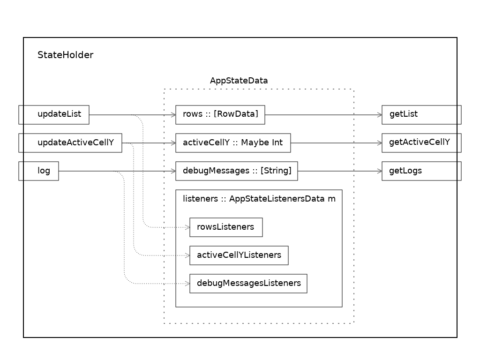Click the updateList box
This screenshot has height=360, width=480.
(x=54, y=114)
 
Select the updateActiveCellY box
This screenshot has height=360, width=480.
(x=70, y=142)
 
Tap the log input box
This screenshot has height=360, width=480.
(x=38, y=171)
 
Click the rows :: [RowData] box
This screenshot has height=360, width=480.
(x=220, y=114)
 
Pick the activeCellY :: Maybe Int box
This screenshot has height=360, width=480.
(x=233, y=142)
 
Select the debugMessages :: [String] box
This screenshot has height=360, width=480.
(x=236, y=171)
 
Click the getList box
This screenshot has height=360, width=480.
(x=421, y=114)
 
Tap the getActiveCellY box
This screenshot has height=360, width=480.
(x=421, y=142)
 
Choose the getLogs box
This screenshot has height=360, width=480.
(x=421, y=171)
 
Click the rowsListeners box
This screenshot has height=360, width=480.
(x=226, y=227)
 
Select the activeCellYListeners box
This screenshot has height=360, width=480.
(x=239, y=255)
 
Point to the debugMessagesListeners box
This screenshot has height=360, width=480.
(x=248, y=284)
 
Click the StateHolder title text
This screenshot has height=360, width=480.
(x=65, y=55)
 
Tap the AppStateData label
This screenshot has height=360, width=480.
(x=239, y=81)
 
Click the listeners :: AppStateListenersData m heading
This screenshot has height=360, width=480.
(x=259, y=199)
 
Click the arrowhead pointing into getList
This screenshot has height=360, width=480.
(x=379, y=115)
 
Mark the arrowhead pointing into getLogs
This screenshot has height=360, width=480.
(x=379, y=171)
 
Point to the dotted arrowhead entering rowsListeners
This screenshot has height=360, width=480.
(x=187, y=227)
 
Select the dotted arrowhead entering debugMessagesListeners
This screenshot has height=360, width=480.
(x=187, y=284)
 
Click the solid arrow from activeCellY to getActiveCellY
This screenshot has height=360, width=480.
(x=335, y=143)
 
